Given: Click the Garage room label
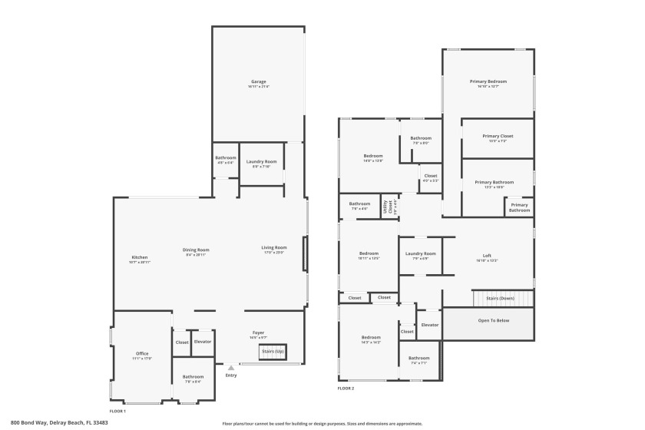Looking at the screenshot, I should point(258,82).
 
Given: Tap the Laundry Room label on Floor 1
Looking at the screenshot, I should point(261,162).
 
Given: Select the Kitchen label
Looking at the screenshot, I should point(140,258).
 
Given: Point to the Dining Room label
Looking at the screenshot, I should point(196,250).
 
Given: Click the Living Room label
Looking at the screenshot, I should point(273,248).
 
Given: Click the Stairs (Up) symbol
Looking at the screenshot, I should point(272,351).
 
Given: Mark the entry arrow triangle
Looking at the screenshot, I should point(230,368).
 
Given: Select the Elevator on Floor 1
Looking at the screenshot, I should point(203,342).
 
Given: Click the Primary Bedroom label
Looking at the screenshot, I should point(488,81).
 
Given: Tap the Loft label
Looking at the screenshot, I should point(487,256).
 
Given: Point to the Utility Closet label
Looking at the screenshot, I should point(389,205).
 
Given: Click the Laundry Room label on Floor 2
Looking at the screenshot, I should point(420,254).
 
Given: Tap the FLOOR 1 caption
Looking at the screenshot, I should point(117,390).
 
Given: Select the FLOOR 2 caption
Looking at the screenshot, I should point(346,389).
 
